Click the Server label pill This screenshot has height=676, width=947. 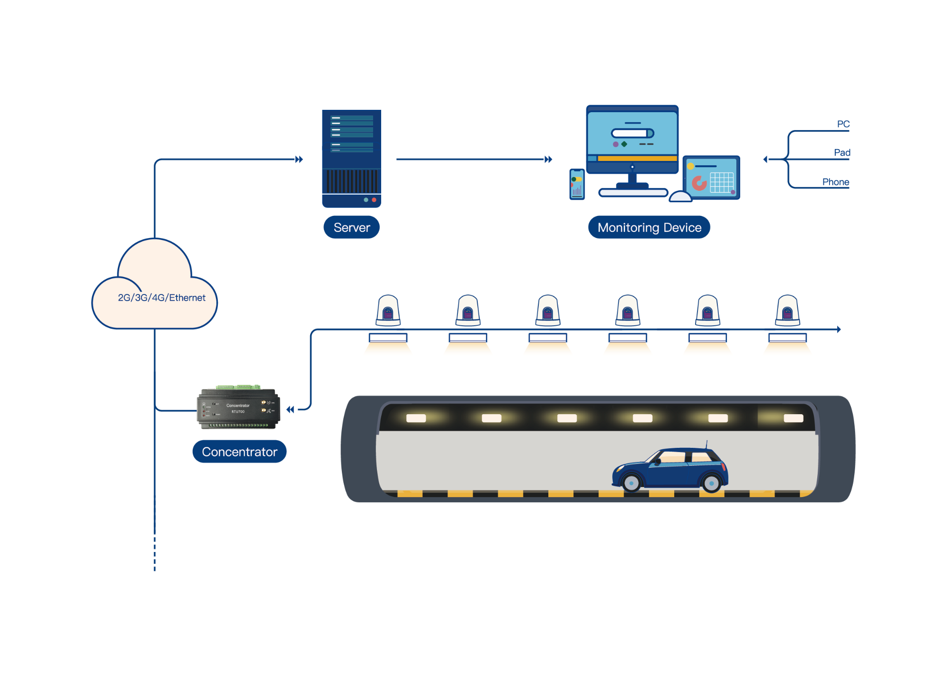351,228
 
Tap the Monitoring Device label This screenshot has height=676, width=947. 649,228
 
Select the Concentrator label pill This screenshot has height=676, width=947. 239,452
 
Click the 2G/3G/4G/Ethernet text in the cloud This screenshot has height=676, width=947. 161,298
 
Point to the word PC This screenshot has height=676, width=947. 843,125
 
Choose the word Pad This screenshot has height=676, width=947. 842,153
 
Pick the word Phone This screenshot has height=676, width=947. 835,182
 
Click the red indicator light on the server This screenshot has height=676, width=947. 374,200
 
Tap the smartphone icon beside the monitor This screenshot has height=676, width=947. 577,184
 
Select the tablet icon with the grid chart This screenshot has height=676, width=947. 712,178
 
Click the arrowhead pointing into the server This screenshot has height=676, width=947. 299,160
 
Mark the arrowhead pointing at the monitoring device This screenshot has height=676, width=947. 548,160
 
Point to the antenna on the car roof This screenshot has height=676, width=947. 706,444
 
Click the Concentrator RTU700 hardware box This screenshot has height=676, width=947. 238,409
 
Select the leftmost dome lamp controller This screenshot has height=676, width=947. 388,311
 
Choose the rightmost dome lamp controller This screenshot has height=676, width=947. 787,311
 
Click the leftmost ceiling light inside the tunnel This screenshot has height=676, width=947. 416,418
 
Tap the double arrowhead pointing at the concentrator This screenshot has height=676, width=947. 290,409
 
